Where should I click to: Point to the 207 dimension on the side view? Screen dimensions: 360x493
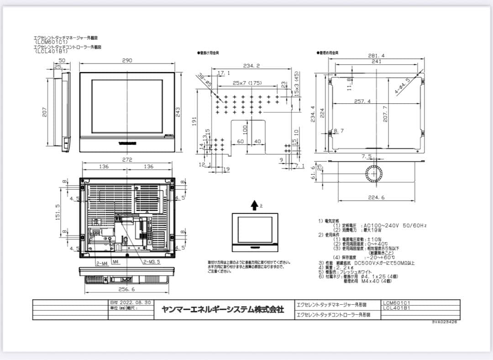pyautogui.click(x=45, y=111)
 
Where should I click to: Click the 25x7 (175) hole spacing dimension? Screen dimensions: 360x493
pyautogui.click(x=247, y=83)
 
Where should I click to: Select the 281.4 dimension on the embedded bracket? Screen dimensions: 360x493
pyautogui.click(x=376, y=56)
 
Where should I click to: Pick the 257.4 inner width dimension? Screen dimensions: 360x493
pyautogui.click(x=362, y=101)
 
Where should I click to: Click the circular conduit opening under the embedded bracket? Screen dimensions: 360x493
pyautogui.click(x=374, y=174)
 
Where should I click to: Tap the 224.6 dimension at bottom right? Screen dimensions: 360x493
pyautogui.click(x=376, y=198)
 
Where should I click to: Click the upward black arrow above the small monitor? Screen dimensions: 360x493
pyautogui.click(x=254, y=206)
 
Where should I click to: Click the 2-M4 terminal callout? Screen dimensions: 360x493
pyautogui.click(x=102, y=263)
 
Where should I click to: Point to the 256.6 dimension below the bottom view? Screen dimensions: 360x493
pyautogui.click(x=126, y=289)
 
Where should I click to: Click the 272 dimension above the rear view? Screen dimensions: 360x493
pyautogui.click(x=127, y=160)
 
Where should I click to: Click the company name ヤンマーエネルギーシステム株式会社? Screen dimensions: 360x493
pyautogui.click(x=223, y=309)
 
